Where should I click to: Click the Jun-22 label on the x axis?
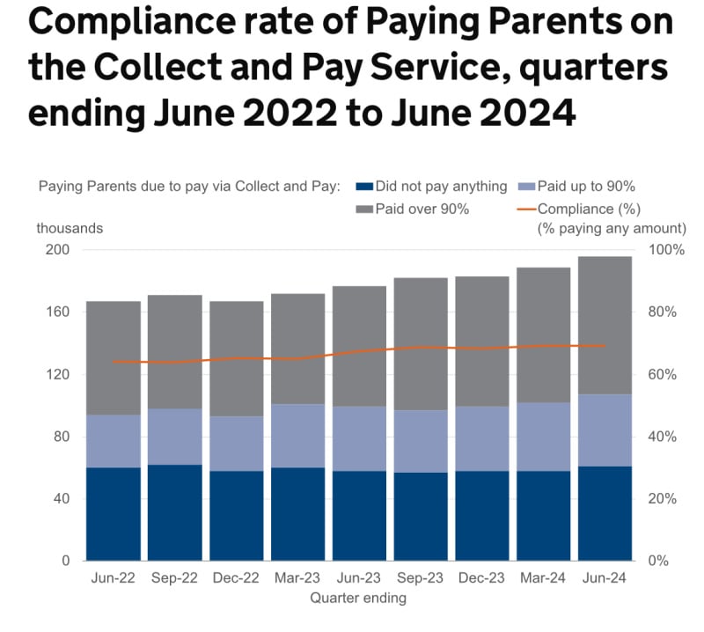pyautogui.click(x=113, y=579)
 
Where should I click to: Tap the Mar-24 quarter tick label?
pyautogui.click(x=543, y=579)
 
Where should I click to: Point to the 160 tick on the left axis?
pyautogui.click(x=58, y=312)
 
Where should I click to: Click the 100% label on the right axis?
pyautogui.click(x=666, y=250)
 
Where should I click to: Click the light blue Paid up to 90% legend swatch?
pyautogui.click(x=526, y=187)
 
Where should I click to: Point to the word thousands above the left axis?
pyautogui.click(x=70, y=228)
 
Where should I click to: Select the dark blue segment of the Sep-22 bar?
pyautogui.click(x=174, y=512)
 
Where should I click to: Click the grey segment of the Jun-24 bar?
pyautogui.click(x=605, y=325)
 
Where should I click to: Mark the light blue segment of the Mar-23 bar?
pyautogui.click(x=297, y=436)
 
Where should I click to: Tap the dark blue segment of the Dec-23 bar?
pyautogui.click(x=481, y=515)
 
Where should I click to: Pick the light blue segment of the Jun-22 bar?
pyautogui.click(x=113, y=441)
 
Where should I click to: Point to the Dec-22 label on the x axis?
pyautogui.click(x=236, y=579)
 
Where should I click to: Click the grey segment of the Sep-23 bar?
pyautogui.click(x=420, y=344)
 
